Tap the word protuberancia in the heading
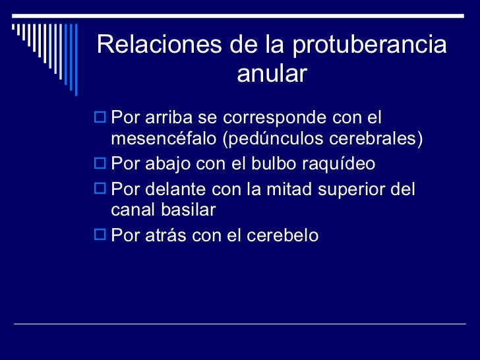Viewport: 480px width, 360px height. [x=369, y=45]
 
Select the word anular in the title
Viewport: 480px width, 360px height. [x=272, y=74]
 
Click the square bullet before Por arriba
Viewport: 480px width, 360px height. [x=102, y=118]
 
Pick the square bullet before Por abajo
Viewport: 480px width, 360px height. [x=102, y=164]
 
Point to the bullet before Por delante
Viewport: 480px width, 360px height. [x=102, y=189]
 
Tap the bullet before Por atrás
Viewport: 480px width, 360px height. [x=102, y=235]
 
